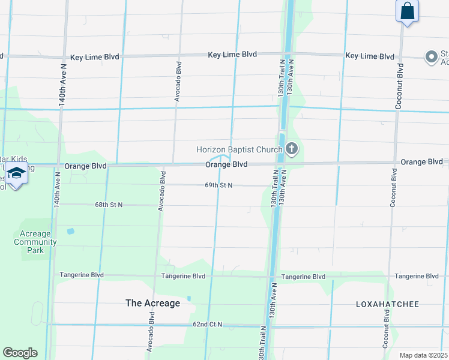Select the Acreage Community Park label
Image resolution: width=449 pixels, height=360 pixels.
coord(35,242)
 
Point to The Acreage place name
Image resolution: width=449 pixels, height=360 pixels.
coord(152,303)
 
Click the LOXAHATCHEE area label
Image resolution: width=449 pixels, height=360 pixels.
coord(387,304)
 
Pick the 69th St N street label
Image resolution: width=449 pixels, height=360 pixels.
coord(218,185)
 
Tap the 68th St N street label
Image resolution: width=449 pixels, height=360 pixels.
coord(109,205)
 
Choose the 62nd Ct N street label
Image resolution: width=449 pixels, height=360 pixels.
coord(207,324)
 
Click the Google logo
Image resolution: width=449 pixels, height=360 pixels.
coord(19,353)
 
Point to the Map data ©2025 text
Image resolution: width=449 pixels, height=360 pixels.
coord(423,355)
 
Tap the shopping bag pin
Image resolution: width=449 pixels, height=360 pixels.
coord(407,11)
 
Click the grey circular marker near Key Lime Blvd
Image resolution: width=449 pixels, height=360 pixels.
coord(431,57)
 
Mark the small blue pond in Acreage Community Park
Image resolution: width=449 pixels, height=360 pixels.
coord(71,231)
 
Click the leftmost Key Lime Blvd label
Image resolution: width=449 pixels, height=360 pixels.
coord(94,57)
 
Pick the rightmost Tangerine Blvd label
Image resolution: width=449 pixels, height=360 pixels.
coord(417,276)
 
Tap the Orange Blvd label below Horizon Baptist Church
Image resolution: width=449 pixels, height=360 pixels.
coord(226,164)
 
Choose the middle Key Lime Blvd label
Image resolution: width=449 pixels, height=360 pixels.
coord(232,55)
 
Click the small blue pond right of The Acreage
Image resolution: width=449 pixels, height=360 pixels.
coord(188,298)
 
